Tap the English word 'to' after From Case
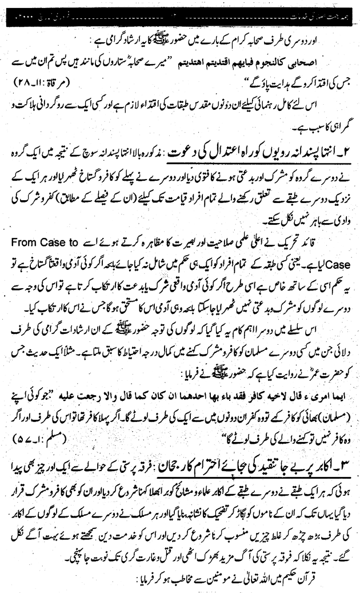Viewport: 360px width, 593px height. point(344,226)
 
